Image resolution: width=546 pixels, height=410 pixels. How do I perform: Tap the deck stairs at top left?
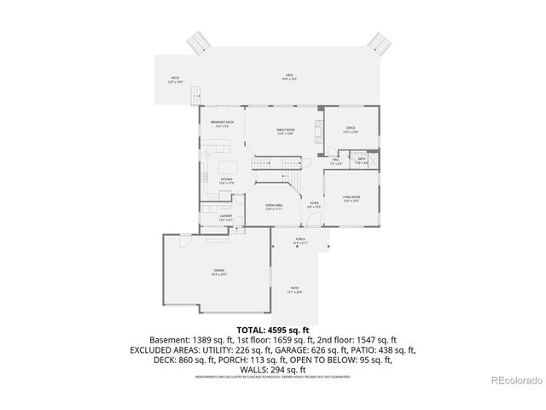click(x=199, y=42)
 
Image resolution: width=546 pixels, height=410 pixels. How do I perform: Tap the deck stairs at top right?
click(x=379, y=42)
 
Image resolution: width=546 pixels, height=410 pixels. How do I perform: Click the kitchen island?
click(x=228, y=164)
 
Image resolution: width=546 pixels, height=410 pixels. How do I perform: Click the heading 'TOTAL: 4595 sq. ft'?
click(x=272, y=329)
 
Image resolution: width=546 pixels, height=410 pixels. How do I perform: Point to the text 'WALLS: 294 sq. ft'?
click(x=272, y=369)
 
